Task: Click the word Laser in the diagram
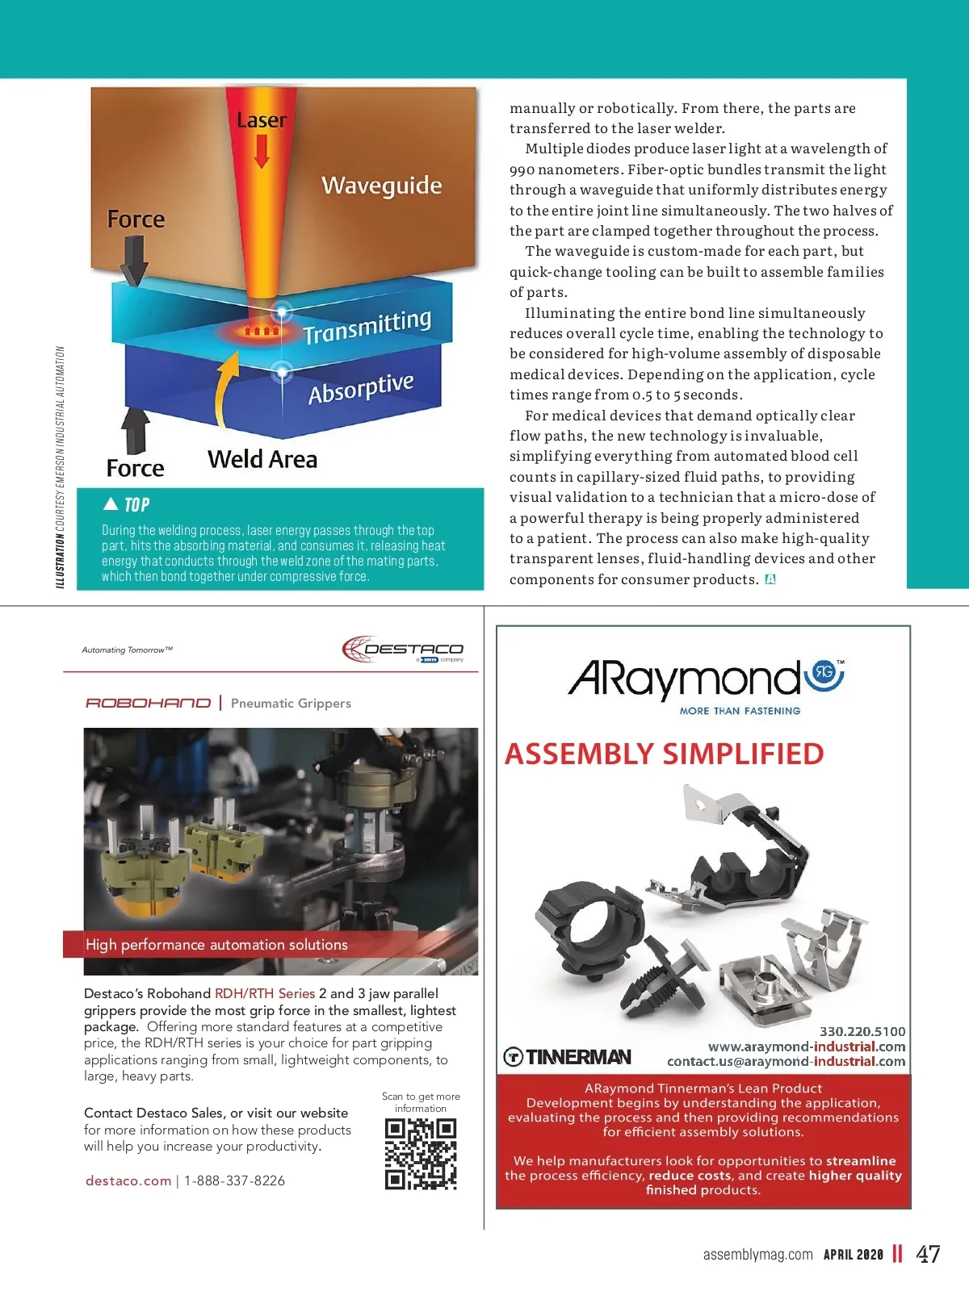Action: (262, 120)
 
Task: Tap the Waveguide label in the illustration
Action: (381, 186)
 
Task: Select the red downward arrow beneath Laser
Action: (262, 151)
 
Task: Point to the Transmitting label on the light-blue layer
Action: (367, 325)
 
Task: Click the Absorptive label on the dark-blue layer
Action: (361, 388)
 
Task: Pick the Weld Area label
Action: (262, 459)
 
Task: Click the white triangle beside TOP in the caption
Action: (111, 504)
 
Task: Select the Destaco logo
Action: (403, 649)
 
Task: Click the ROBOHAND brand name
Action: (148, 703)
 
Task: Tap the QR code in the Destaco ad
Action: (421, 1154)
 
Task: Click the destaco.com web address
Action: (128, 1180)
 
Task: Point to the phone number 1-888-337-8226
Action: (234, 1180)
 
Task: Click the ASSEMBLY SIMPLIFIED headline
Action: (664, 754)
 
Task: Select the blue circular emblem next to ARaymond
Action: (824, 674)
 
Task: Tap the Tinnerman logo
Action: (568, 1056)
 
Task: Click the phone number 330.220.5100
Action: (862, 1031)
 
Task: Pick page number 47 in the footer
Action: (928, 1254)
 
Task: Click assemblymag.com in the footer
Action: (757, 1254)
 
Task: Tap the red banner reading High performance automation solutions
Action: (216, 944)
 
